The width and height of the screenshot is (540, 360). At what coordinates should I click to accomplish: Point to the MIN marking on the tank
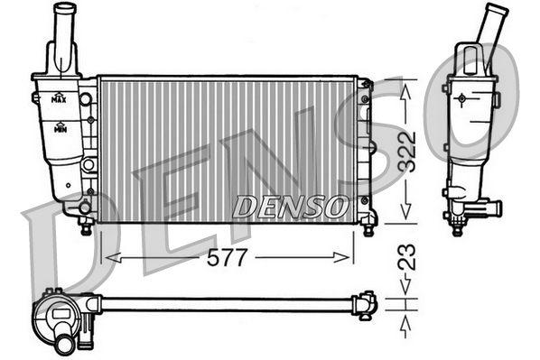pos(60,129)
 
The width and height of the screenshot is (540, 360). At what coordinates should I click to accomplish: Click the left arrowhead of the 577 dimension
pos(109,257)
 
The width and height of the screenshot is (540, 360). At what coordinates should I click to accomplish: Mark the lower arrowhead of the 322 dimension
pos(406,214)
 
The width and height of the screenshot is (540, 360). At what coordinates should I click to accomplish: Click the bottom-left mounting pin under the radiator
pos(86,228)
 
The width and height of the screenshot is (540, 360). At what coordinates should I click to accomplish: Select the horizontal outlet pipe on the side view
pos(489,208)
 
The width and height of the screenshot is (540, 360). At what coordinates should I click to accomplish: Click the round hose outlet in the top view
pos(64,342)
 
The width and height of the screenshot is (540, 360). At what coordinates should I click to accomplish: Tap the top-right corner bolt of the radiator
pos(366,85)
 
